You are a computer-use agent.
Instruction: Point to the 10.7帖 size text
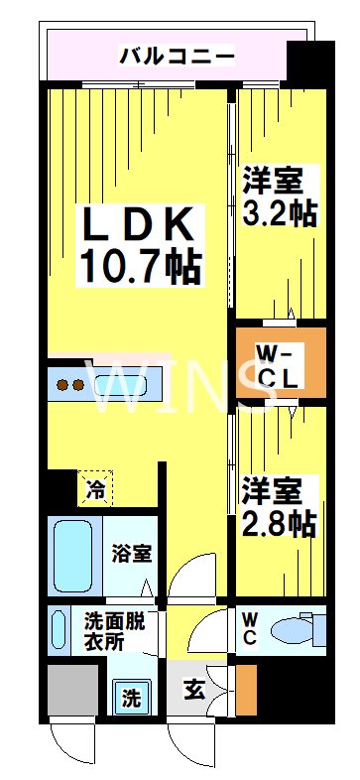coord(140,266)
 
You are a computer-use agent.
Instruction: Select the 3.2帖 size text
coord(281,213)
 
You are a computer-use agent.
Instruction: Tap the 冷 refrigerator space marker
coord(97,488)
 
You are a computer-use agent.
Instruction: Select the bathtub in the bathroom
coord(73,555)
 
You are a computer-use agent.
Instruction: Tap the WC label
coord(248,629)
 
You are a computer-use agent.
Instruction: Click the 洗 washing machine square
coord(131,697)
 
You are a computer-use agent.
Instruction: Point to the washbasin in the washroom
coord(59,626)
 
